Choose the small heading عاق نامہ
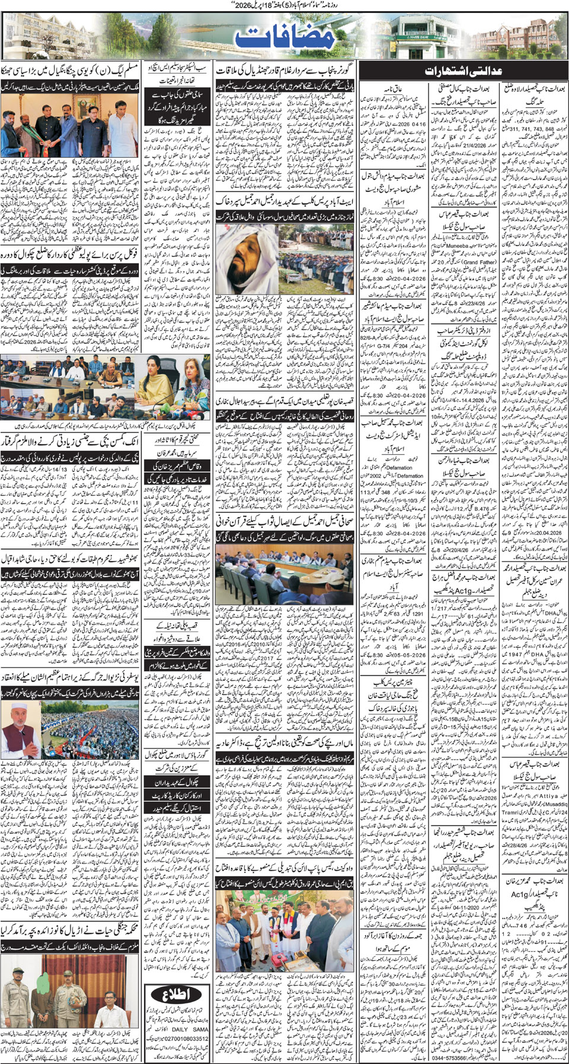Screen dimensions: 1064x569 click(395, 89)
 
